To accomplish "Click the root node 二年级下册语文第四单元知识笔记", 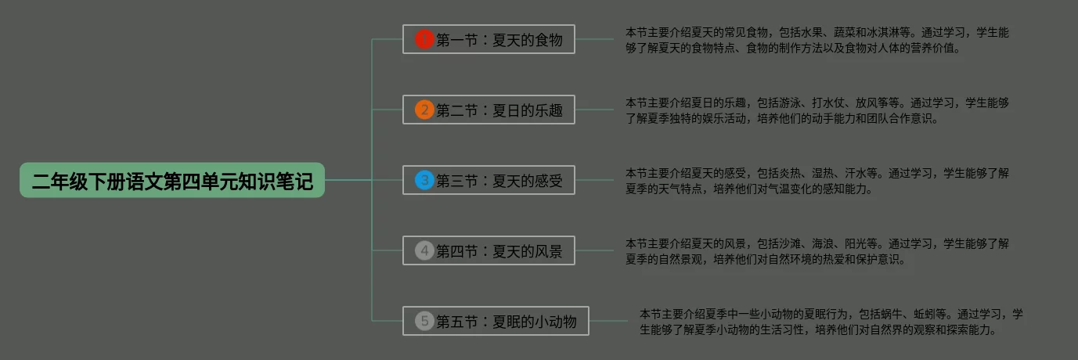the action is tap(172, 181).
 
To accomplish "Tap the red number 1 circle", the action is tap(424, 39).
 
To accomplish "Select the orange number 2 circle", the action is tap(424, 110).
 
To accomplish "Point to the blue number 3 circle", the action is tap(424, 181).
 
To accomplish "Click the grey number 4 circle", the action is tap(424, 250).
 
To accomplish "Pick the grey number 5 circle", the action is tap(424, 320).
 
